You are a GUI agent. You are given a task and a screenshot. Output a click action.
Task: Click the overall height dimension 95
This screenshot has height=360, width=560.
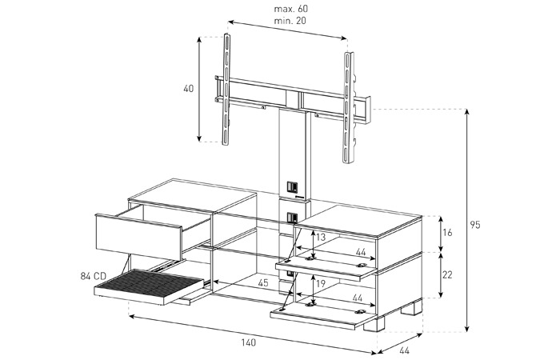click(475, 225)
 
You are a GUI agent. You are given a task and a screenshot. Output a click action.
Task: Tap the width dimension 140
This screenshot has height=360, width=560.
click(248, 342)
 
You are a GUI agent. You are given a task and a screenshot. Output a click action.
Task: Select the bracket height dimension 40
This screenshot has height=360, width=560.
click(189, 88)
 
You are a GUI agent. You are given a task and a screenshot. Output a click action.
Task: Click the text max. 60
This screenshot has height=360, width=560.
click(290, 9)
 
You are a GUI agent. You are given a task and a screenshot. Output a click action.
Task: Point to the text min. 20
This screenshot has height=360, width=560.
click(290, 21)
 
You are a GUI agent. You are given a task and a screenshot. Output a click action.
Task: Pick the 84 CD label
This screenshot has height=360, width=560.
click(94, 276)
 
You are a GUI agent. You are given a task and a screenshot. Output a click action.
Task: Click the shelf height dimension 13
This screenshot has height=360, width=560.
click(321, 237)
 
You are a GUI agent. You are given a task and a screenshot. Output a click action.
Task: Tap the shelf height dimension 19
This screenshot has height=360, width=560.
click(321, 284)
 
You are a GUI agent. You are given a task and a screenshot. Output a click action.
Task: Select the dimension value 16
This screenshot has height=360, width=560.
click(447, 233)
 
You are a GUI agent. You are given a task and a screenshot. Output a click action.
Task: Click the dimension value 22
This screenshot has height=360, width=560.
click(447, 274)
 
